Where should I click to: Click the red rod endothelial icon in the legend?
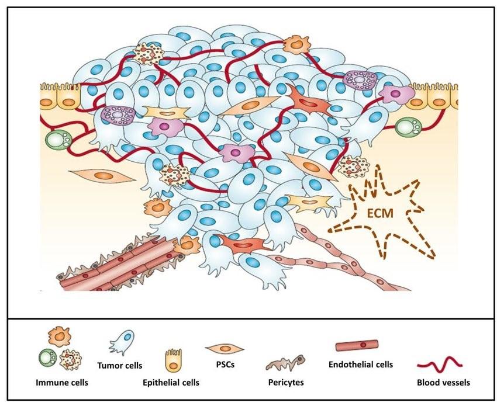click(357, 346)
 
